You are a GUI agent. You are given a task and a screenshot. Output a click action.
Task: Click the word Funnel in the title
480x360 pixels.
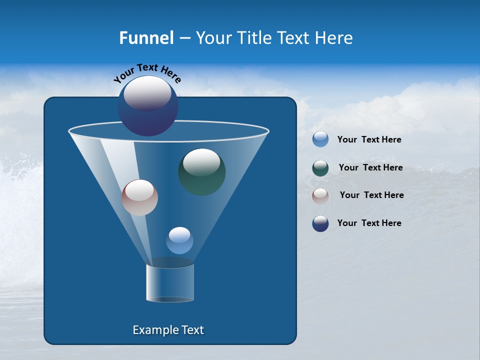146,38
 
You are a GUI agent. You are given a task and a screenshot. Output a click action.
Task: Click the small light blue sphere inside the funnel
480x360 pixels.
179,241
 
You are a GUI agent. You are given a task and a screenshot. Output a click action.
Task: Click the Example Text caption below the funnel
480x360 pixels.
168,330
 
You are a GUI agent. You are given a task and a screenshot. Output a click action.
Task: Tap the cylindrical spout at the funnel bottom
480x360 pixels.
170,282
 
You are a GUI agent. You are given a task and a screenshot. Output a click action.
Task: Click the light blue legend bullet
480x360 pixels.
320,139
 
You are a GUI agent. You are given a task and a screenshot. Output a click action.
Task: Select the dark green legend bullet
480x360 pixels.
320,168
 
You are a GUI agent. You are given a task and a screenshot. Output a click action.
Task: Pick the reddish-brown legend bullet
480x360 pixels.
320,196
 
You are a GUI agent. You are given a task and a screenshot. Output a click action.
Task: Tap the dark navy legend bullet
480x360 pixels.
320,223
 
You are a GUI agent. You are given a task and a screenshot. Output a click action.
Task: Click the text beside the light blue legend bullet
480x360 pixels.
369,140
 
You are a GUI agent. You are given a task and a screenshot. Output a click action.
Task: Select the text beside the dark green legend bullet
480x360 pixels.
370,168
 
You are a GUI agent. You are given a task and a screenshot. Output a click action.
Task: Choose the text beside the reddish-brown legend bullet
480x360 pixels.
371,195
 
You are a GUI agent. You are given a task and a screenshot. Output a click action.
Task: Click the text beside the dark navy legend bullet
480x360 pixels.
369,223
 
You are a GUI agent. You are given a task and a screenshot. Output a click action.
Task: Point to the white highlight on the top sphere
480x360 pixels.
147,92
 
